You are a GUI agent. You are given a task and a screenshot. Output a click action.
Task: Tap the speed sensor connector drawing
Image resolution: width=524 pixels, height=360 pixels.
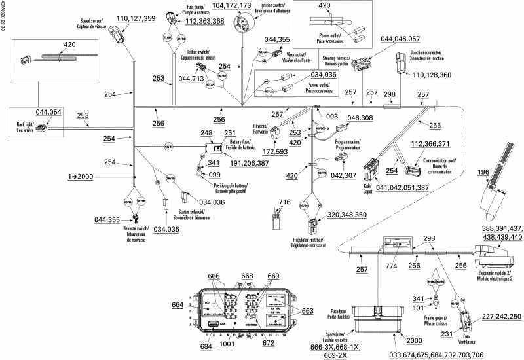[x=117, y=33]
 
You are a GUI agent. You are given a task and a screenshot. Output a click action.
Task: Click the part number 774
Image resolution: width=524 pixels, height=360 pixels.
[x=392, y=267]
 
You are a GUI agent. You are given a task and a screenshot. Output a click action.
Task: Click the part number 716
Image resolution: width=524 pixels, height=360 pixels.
[x=283, y=202]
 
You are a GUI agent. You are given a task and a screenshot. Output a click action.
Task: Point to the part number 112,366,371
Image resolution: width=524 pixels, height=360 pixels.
[x=430, y=144]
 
